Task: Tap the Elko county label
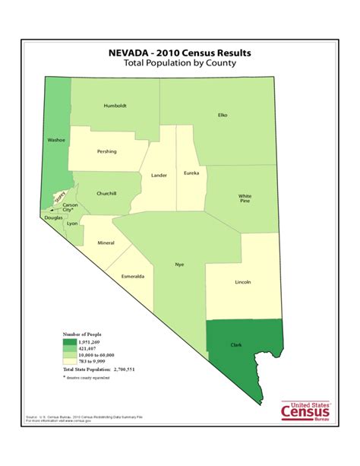223,116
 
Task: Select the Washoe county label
57,140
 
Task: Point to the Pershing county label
107,151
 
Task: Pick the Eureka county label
191,173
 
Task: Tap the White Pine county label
245,198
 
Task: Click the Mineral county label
106,243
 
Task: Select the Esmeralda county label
131,276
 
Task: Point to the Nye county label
179,265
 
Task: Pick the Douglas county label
53,218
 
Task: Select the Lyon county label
73,225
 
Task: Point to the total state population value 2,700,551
121,369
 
